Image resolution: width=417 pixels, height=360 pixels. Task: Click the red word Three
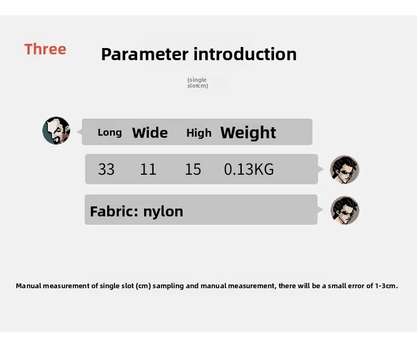(45, 49)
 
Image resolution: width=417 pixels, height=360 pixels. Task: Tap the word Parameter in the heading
(145, 54)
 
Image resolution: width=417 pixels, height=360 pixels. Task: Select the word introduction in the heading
(245, 54)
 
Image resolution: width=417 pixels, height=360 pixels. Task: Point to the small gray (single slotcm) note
(197, 83)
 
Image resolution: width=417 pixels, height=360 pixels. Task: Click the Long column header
(110, 132)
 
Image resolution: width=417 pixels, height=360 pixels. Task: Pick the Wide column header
(150, 132)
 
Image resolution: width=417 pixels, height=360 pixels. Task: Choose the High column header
(199, 133)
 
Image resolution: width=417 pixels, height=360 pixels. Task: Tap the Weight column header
(248, 132)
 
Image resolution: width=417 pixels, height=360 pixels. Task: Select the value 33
(107, 169)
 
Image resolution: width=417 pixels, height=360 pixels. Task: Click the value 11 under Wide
(148, 169)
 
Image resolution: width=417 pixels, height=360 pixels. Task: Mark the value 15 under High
(193, 169)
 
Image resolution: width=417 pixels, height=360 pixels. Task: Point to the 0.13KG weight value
(249, 169)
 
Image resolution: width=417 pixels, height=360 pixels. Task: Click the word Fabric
(114, 211)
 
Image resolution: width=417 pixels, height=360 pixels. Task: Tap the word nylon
(163, 212)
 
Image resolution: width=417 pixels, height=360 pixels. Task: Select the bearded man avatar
(56, 130)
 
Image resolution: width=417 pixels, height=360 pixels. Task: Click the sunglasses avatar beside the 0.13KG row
(345, 169)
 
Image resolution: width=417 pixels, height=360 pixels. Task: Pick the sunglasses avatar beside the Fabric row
(345, 210)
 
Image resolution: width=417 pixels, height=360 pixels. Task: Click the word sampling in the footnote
(168, 286)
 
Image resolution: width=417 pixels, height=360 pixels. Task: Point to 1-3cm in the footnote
(386, 286)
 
